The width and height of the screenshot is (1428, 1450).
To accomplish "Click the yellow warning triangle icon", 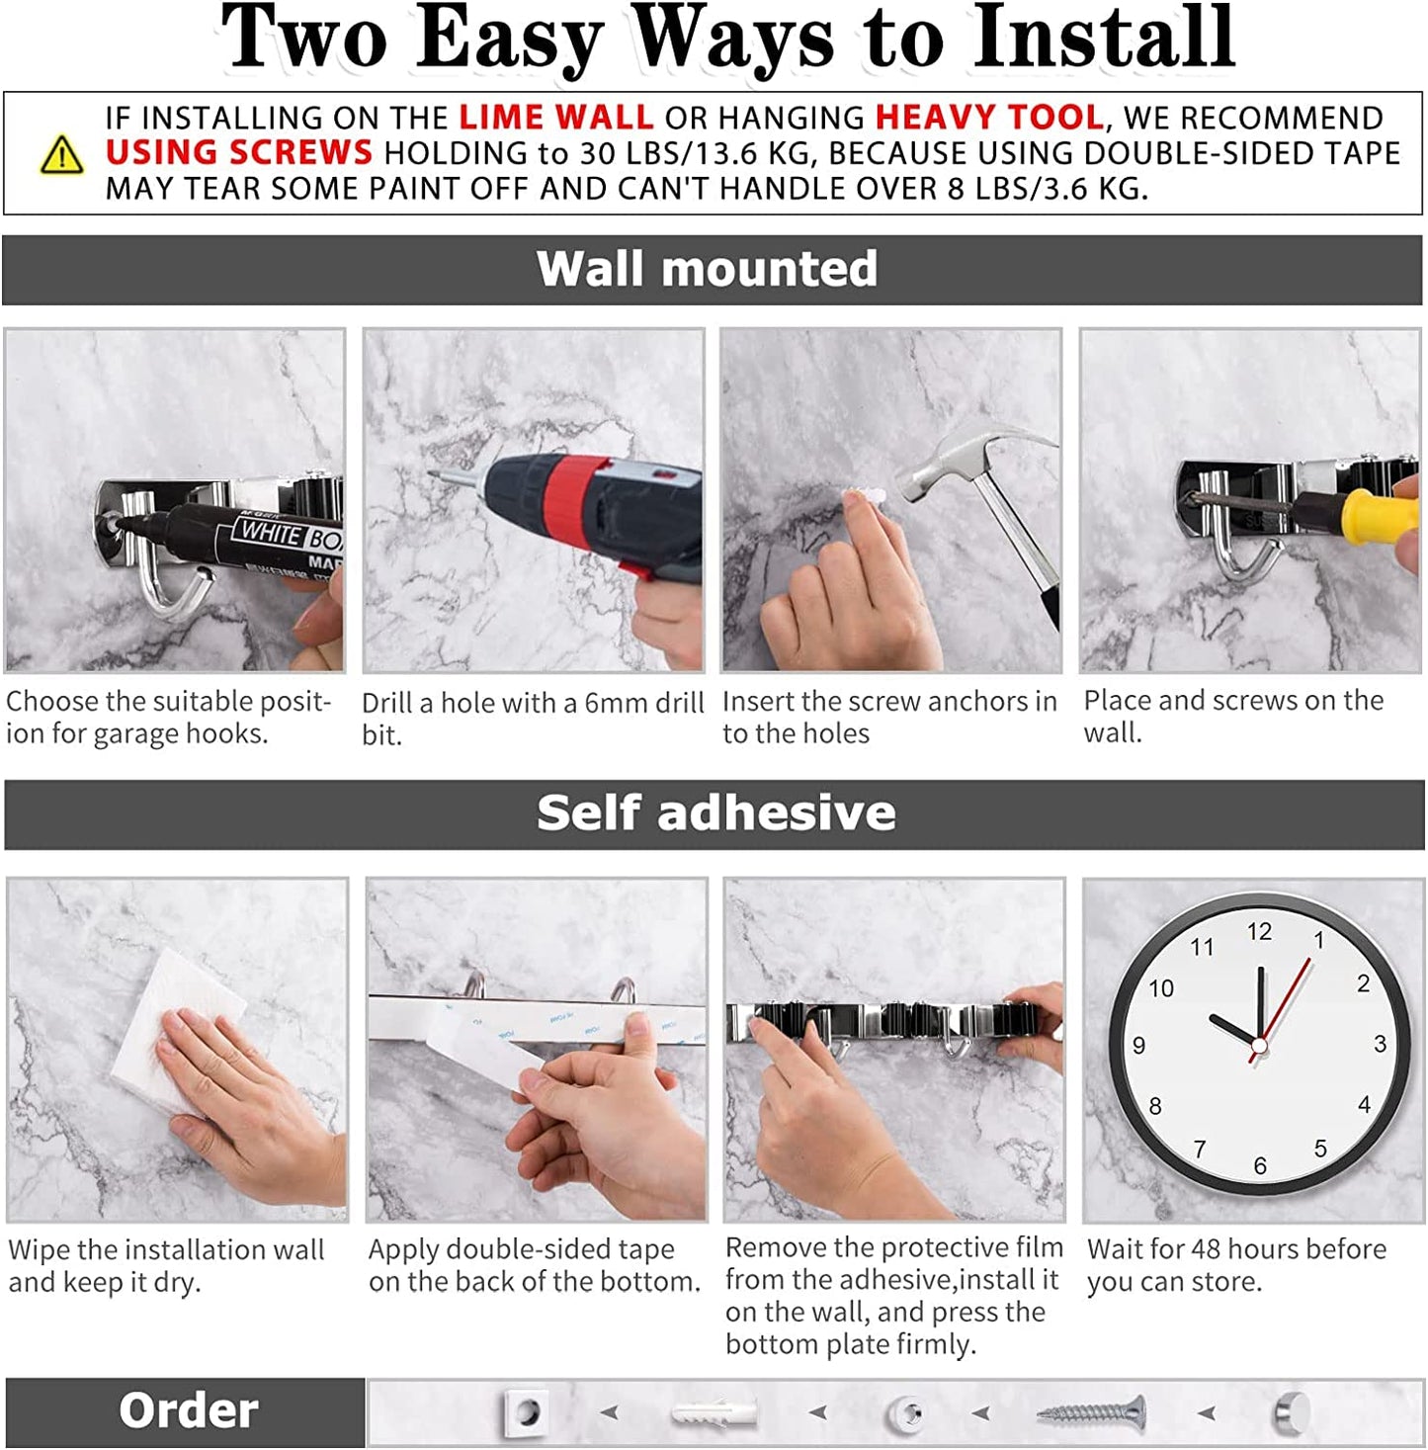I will [x=61, y=155].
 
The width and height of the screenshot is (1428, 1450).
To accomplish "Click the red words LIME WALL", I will [x=555, y=118].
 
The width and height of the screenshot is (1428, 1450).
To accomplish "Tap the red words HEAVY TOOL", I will [x=989, y=118].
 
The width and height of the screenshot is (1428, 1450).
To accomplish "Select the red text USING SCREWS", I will [x=239, y=153].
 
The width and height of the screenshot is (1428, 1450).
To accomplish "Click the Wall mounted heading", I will [x=707, y=269].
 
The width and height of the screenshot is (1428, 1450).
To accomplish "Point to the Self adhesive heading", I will [x=715, y=813].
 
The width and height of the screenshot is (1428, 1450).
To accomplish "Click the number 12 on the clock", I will [x=1259, y=931].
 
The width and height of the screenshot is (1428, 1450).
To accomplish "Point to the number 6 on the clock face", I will [x=1260, y=1165].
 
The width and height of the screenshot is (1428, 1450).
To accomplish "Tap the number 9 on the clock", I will [x=1139, y=1046].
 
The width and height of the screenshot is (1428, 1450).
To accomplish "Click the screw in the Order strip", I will [x=1091, y=1414].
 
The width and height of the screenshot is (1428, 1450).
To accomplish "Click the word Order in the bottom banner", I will [x=188, y=1410].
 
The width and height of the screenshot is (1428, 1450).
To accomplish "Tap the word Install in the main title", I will [x=1104, y=40].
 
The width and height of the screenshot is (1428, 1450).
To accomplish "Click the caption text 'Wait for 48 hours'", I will [x=1235, y=1249].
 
